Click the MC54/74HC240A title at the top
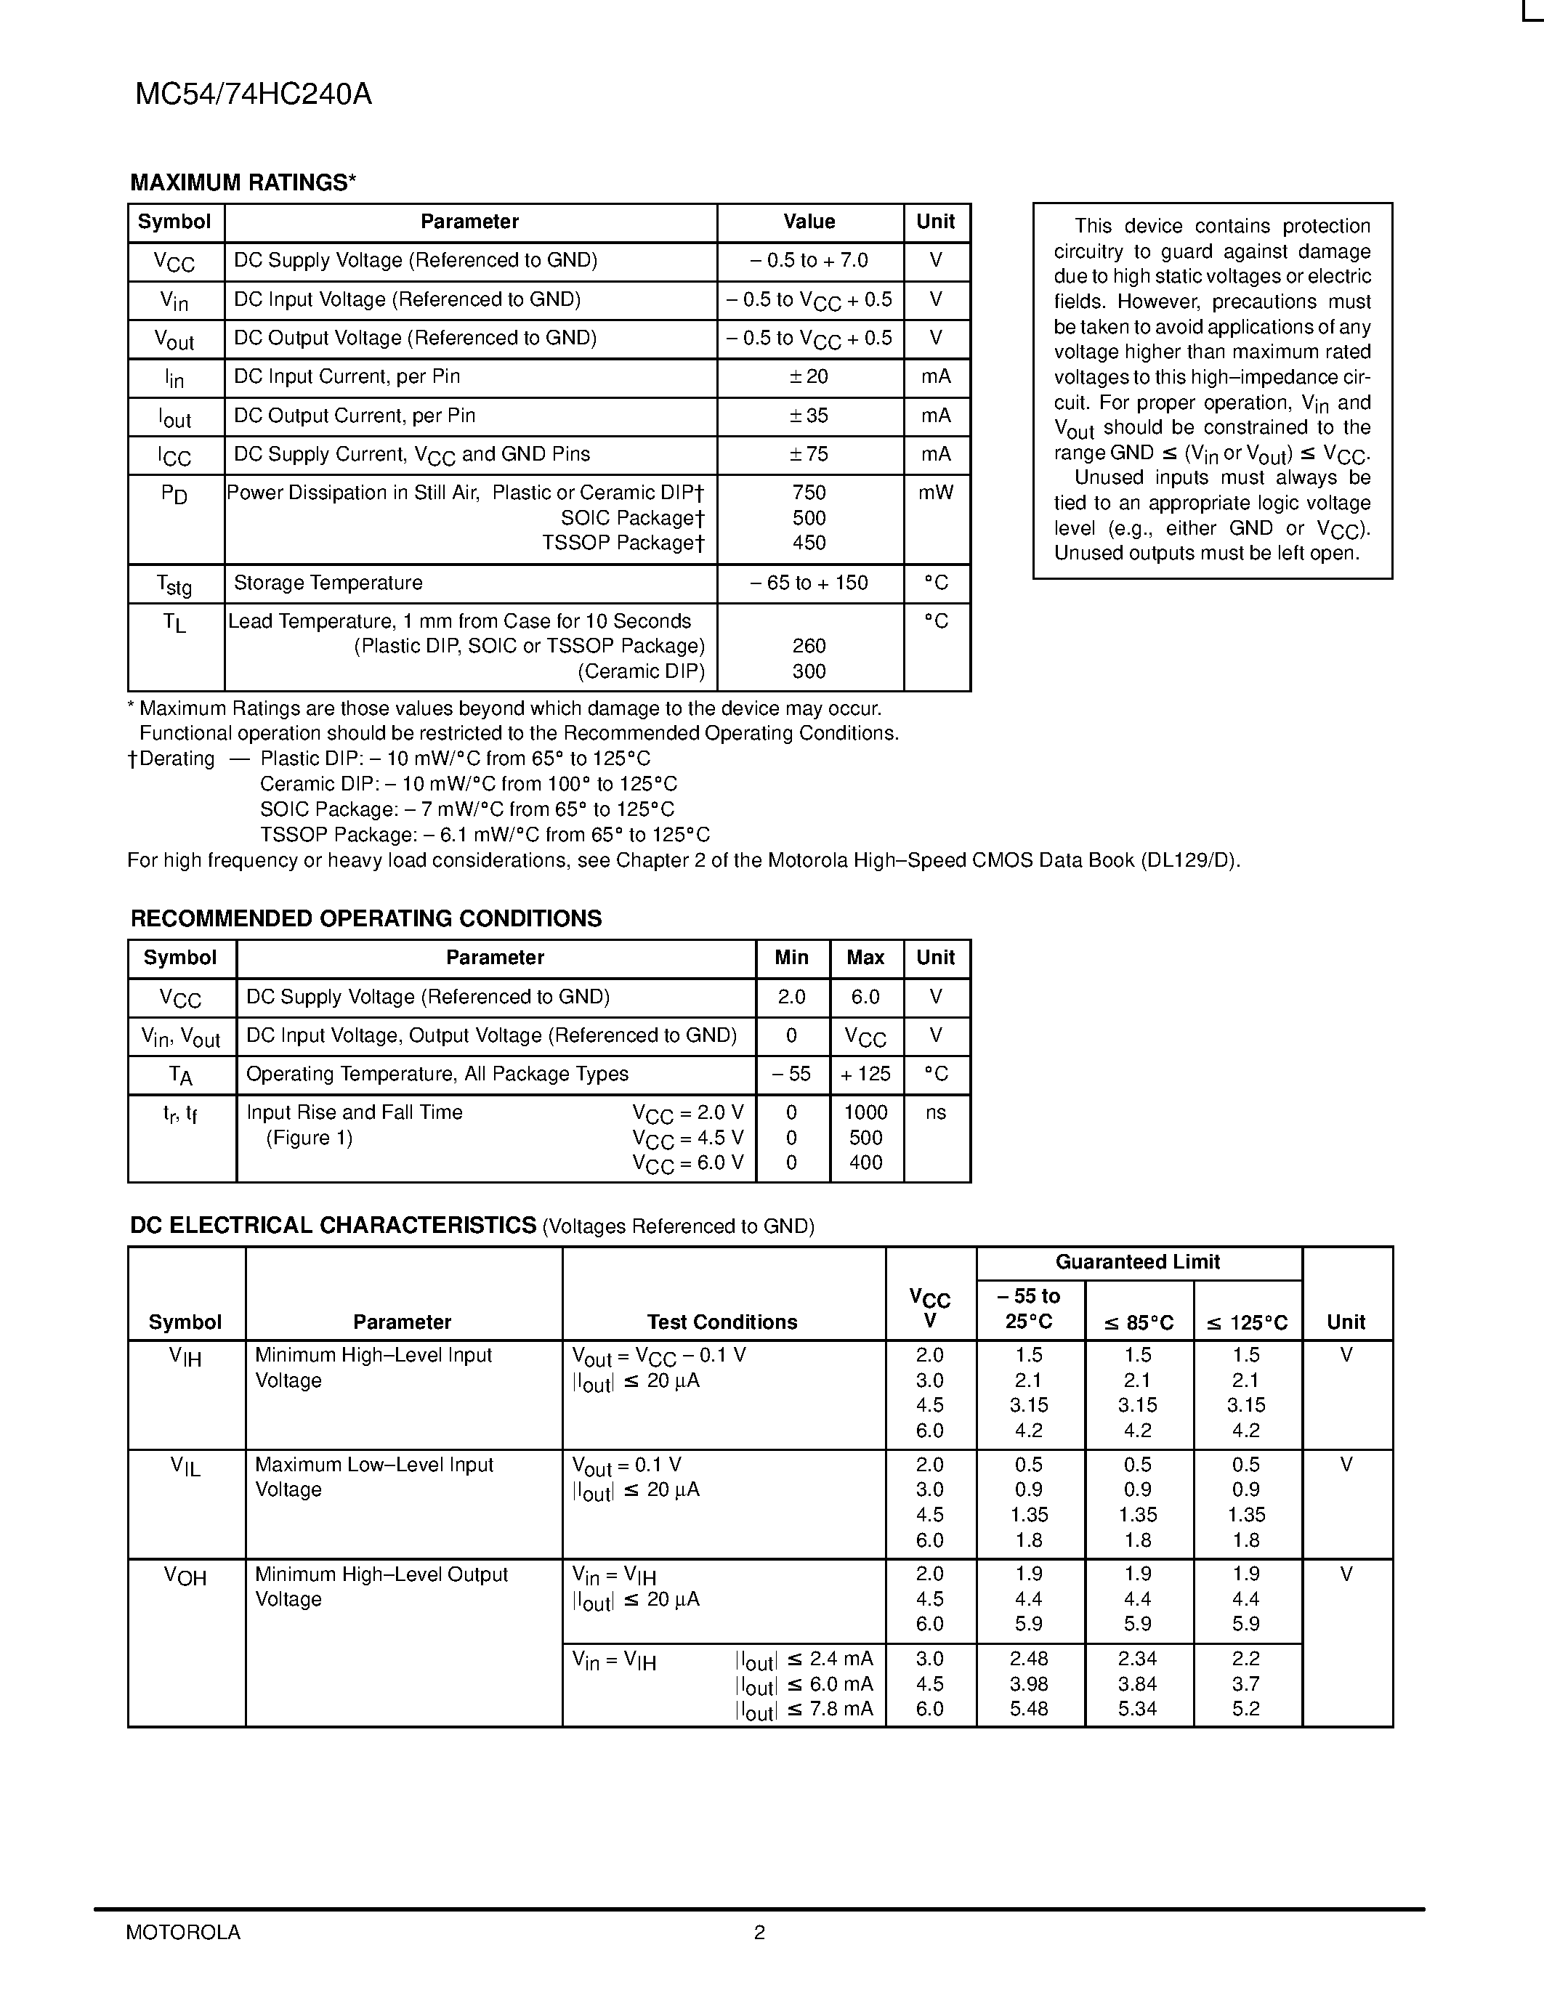click(254, 95)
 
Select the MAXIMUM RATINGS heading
click(243, 183)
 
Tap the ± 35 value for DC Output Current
click(809, 416)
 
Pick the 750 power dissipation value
click(809, 493)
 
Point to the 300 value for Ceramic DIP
click(809, 671)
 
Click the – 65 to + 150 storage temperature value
click(809, 583)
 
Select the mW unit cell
click(935, 493)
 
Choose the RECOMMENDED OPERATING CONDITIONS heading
click(366, 918)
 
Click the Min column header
click(791, 958)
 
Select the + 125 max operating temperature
click(865, 1074)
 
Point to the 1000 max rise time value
click(865, 1112)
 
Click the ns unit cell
click(935, 1112)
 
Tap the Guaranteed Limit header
click(1137, 1263)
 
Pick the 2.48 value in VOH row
click(1029, 1659)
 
